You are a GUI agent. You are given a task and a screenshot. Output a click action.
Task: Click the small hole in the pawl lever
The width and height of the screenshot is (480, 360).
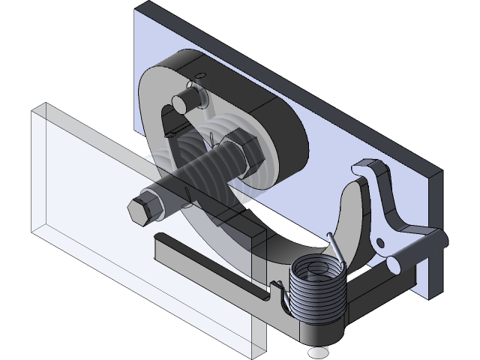380,243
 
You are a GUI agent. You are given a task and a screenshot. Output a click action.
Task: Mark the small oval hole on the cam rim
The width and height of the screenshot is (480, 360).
201,75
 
